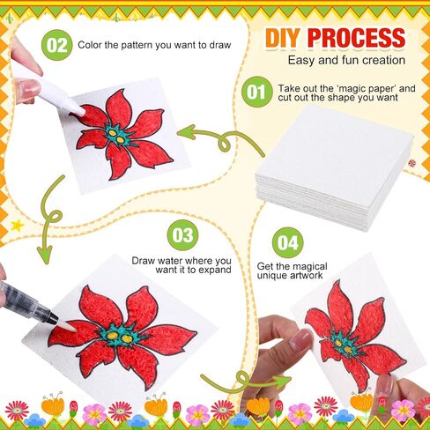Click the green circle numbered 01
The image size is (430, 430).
point(256,92)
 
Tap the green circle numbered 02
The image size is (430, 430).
point(56,45)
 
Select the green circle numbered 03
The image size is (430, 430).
point(182,235)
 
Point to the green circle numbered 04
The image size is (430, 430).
point(287,242)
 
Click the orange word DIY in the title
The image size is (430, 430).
point(282,38)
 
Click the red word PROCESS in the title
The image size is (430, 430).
point(357,38)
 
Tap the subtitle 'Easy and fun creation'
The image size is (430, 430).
point(346,60)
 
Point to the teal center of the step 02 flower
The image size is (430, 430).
point(116,135)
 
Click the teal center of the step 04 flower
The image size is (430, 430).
point(343,346)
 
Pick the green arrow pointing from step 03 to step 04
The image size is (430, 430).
point(244,382)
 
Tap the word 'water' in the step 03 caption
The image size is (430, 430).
point(169,261)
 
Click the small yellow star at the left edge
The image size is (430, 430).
point(17,226)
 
